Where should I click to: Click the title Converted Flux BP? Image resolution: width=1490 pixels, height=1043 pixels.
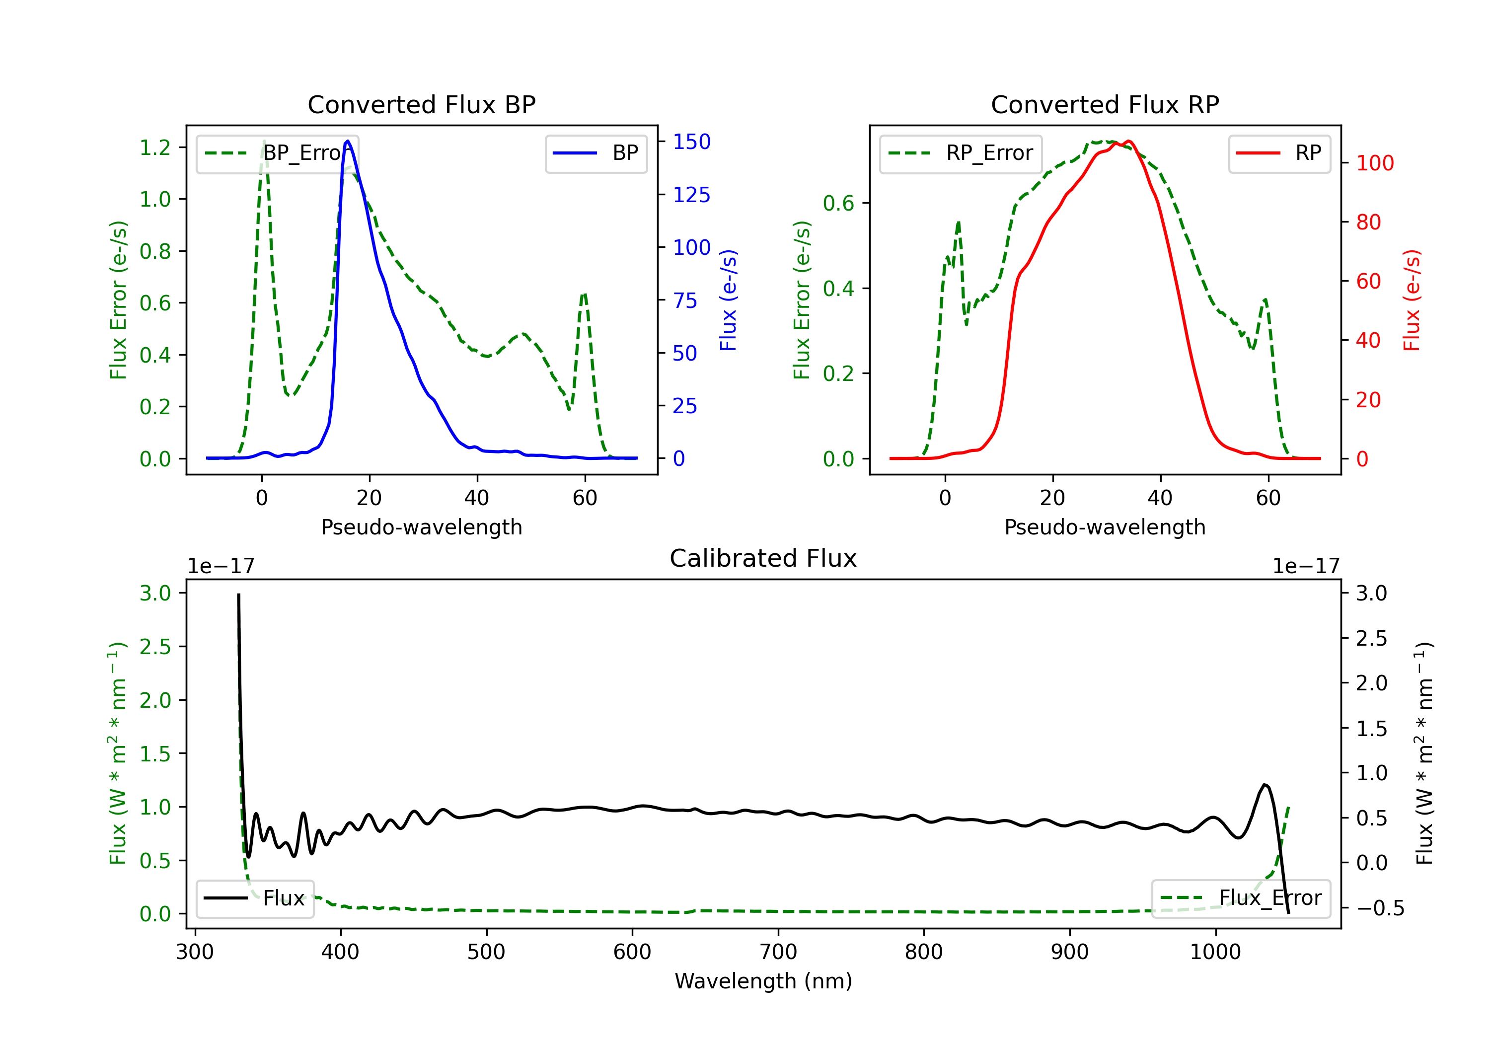[421, 104]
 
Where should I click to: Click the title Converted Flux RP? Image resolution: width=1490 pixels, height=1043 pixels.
[1105, 104]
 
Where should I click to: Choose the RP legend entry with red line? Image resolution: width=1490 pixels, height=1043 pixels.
[1279, 153]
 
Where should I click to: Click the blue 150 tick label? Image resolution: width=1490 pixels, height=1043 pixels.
[691, 142]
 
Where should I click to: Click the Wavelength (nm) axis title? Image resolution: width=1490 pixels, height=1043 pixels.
[763, 981]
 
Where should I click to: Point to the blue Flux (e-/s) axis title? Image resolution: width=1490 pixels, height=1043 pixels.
[728, 300]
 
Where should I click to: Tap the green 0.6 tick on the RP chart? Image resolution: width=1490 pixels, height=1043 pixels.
[838, 203]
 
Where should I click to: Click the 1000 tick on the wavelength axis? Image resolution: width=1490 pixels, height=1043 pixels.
[1215, 952]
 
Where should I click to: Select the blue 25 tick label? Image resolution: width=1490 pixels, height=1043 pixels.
[684, 406]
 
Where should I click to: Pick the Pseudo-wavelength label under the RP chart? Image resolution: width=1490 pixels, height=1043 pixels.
[1105, 527]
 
